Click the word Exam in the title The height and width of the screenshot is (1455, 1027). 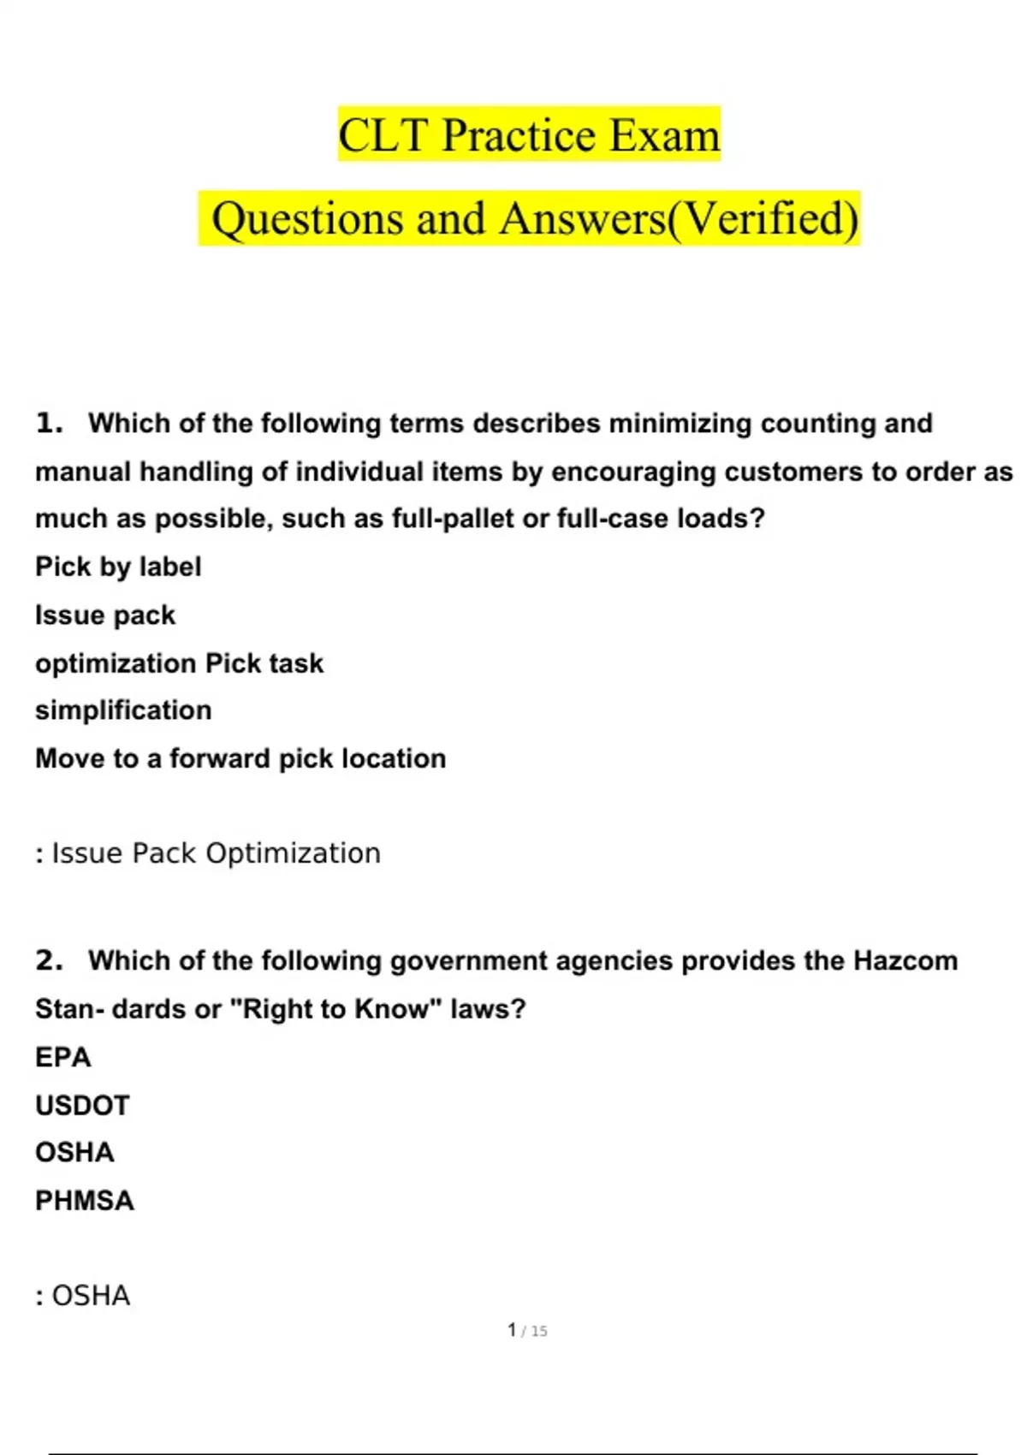tap(664, 135)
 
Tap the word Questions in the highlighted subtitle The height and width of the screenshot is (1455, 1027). tap(306, 219)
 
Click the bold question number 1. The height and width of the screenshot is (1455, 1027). tap(49, 423)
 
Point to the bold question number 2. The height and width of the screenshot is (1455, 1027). tap(49, 960)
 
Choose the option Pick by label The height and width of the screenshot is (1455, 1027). tap(118, 567)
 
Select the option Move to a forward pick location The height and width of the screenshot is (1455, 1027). tap(240, 758)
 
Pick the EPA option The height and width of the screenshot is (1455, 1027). tap(62, 1057)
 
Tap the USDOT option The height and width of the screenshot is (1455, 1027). tap(82, 1105)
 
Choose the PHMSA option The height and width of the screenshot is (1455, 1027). tap(85, 1201)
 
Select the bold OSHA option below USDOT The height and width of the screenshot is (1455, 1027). tap(74, 1152)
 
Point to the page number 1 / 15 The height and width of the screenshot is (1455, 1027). tap(527, 1331)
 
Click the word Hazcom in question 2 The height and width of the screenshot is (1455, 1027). tap(905, 960)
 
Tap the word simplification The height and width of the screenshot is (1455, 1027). tap(123, 710)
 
